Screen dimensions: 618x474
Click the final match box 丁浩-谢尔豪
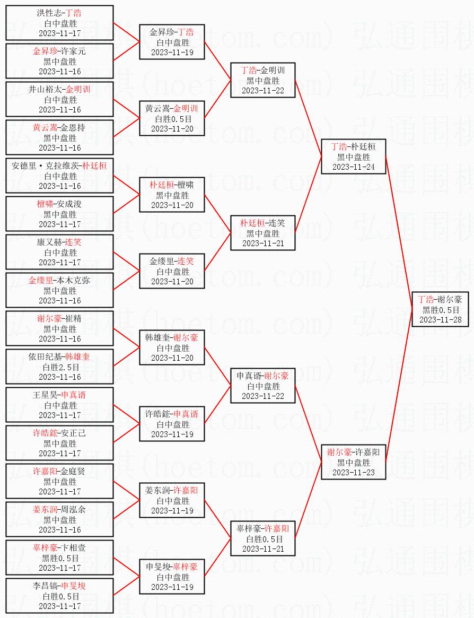(440, 309)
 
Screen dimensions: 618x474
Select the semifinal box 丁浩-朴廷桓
(353, 156)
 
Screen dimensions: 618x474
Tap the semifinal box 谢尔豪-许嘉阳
(353, 462)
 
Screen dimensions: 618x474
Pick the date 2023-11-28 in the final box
(440, 319)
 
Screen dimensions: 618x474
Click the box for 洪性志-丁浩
(59, 23)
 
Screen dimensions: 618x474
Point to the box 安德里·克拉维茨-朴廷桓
(59, 176)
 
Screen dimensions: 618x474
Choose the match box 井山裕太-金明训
(59, 99)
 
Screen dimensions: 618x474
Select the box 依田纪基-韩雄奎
(59, 367)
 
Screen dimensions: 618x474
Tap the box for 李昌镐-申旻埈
(59, 596)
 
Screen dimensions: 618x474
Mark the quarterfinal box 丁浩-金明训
(262, 80)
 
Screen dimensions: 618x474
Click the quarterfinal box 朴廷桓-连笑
(262, 233)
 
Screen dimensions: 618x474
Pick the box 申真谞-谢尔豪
(262, 386)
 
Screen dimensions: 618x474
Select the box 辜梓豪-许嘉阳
(262, 538)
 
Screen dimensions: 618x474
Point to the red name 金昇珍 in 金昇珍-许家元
(45, 51)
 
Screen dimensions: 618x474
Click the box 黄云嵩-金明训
(172, 118)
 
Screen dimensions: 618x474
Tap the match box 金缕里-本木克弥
(59, 290)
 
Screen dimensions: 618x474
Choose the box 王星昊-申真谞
(59, 405)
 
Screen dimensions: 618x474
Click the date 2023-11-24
(353, 167)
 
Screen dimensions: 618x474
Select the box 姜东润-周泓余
(59, 519)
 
